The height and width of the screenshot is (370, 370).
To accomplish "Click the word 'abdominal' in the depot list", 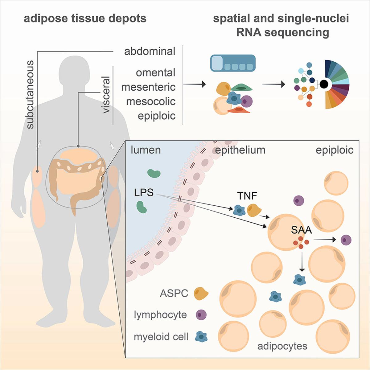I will pyautogui.click(x=150, y=51).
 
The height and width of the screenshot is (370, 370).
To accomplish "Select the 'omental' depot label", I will pyautogui.click(x=155, y=73).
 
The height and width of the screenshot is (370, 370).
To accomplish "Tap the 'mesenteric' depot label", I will pyautogui.click(x=148, y=87).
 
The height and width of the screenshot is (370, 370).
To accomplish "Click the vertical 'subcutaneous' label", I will pyautogui.click(x=30, y=95).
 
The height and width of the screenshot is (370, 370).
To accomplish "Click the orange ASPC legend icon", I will pyautogui.click(x=201, y=293).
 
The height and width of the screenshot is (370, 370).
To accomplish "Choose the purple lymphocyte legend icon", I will pyautogui.click(x=201, y=315).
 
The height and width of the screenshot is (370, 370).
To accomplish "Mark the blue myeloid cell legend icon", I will pyautogui.click(x=201, y=337).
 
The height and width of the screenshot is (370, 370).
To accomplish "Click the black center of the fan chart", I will pyautogui.click(x=324, y=84).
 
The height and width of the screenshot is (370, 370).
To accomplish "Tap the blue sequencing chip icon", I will pyautogui.click(x=233, y=63).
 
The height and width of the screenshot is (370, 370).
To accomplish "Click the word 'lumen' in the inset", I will pyautogui.click(x=146, y=150).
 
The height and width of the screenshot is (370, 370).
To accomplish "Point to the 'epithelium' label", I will pyautogui.click(x=240, y=150).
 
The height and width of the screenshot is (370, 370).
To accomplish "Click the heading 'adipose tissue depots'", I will pyautogui.click(x=85, y=19).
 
